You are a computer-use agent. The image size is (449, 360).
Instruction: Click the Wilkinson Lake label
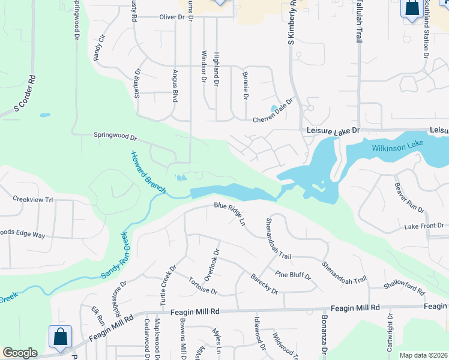point(397,145)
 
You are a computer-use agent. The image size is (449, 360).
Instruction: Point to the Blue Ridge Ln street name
point(231,213)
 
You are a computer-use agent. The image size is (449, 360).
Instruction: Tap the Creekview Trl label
point(33,199)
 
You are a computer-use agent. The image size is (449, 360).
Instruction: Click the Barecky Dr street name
point(264,284)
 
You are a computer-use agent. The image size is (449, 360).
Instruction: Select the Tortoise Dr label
point(202,286)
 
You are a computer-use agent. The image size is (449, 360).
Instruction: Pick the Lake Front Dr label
point(424,226)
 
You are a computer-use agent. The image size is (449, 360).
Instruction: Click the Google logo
point(20,353)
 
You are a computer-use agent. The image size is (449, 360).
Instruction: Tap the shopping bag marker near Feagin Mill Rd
point(61,337)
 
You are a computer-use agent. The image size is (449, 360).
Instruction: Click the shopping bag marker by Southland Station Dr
point(411,8)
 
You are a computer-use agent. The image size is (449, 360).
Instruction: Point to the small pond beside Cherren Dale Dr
point(275,109)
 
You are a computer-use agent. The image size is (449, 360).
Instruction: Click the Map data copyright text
point(423,355)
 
